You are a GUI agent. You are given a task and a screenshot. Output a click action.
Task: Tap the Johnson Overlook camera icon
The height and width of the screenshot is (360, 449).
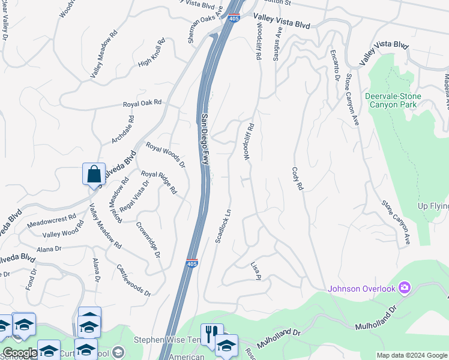point(405,289)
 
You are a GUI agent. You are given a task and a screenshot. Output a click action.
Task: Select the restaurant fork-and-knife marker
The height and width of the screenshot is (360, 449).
point(211,333)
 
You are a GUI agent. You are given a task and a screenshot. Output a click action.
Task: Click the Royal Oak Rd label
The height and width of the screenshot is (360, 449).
point(143,103)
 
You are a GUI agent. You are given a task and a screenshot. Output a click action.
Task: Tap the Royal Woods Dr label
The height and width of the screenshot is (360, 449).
point(166,155)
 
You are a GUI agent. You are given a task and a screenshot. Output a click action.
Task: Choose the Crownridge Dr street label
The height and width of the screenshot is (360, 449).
point(148,240)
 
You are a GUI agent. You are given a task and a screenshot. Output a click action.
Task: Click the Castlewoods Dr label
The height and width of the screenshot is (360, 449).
point(133,280)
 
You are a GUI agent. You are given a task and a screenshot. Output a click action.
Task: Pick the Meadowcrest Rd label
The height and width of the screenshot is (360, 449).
point(52,221)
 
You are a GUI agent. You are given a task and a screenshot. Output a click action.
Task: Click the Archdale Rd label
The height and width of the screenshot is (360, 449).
point(123,130)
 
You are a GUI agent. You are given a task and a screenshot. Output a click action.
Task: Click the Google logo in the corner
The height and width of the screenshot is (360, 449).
point(19,353)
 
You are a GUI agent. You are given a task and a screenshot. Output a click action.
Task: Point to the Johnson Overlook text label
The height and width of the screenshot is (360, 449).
point(362,289)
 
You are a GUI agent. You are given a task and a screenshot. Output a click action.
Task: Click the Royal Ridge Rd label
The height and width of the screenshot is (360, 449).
point(159,182)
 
